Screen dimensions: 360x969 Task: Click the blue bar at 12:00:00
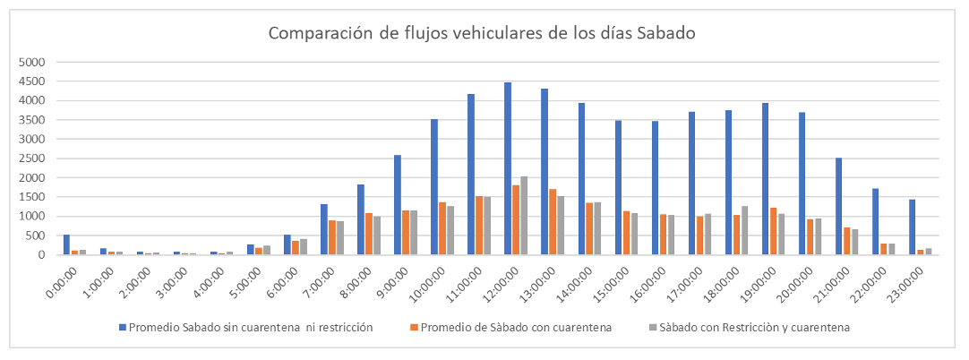[x=508, y=168]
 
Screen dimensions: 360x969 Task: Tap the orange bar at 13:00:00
[x=553, y=221]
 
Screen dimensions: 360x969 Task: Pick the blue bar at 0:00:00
[x=66, y=244]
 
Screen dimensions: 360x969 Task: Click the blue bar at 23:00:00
[x=913, y=227]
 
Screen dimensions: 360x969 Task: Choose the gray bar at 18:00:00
[x=744, y=230]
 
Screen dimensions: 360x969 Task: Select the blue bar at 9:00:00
[x=398, y=204]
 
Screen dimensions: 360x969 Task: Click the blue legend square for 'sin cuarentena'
[x=123, y=328]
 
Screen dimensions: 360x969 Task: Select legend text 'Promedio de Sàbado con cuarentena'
[x=516, y=328]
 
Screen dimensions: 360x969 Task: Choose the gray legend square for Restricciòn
[x=651, y=328]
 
